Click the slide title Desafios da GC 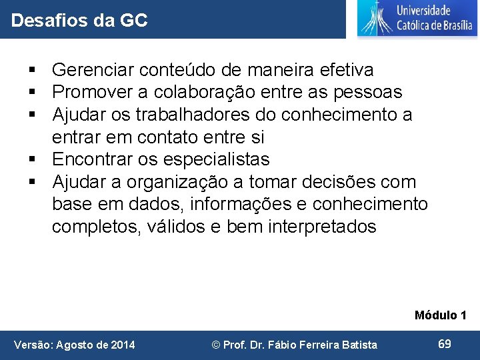(79, 21)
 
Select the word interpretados (322, 227)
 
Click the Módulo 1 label (440, 315)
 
